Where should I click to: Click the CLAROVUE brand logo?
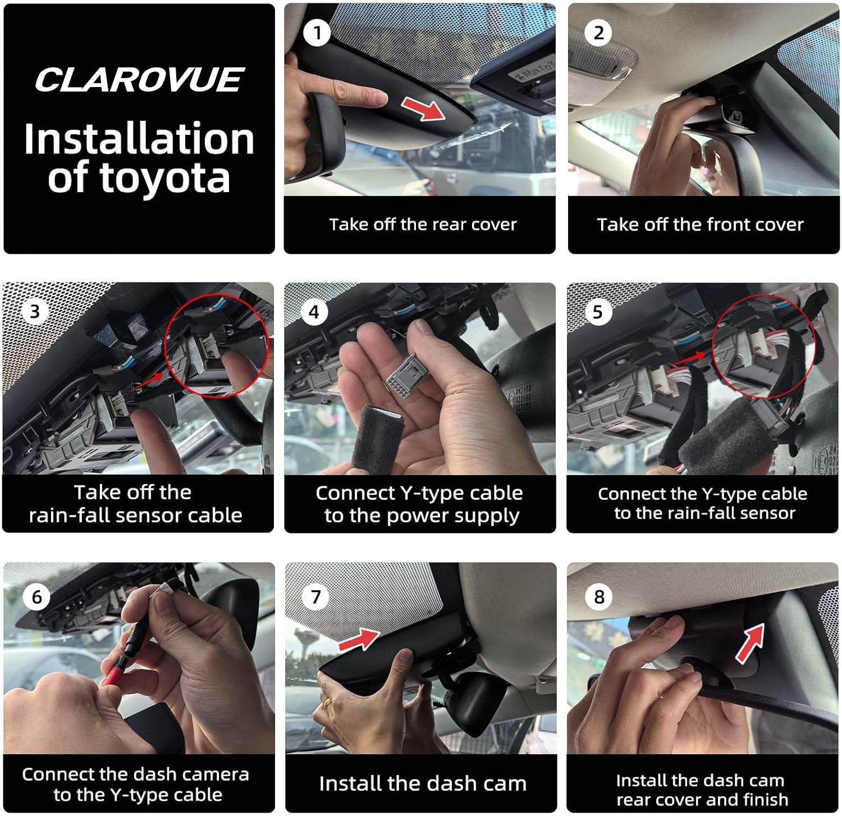point(139,80)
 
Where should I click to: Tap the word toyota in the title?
point(165,178)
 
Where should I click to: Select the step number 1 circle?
point(317,33)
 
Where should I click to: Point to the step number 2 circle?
point(598,33)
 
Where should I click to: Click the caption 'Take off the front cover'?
point(700,225)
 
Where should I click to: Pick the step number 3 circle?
point(35,311)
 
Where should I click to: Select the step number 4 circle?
point(314,312)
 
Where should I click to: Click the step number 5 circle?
point(597,312)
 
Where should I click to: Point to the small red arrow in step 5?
point(692,356)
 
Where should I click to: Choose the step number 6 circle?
point(36,596)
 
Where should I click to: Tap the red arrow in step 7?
point(359,639)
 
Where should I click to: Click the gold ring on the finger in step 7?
point(327,701)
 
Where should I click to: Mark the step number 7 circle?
point(315,596)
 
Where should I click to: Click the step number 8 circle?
point(599,596)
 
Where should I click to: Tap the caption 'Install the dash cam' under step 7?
point(423,783)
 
